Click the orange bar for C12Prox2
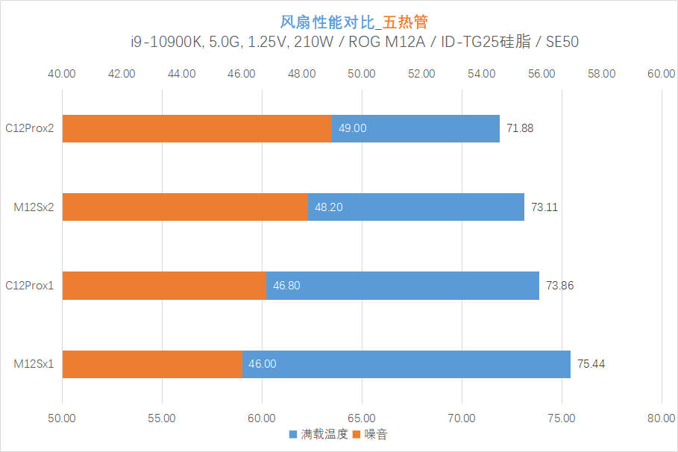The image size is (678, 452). (x=197, y=128)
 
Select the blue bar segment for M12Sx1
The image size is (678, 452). (x=407, y=364)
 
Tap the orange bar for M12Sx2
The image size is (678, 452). (x=185, y=207)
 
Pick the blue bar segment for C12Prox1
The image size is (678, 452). (x=403, y=286)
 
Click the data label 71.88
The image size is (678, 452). (x=520, y=128)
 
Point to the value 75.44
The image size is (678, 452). (x=591, y=364)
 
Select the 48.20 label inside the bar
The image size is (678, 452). (x=329, y=207)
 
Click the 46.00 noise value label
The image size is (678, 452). (x=262, y=364)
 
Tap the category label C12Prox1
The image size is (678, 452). (x=29, y=286)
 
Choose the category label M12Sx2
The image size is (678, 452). (x=34, y=207)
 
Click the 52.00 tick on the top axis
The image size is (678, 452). (x=421, y=74)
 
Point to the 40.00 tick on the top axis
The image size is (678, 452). (x=61, y=74)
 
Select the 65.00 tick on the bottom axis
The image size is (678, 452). (x=362, y=418)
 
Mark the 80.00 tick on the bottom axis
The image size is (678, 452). (x=661, y=418)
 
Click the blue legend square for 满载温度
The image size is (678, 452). (x=293, y=434)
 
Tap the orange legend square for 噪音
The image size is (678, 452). (x=357, y=434)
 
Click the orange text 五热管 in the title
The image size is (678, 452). (x=405, y=22)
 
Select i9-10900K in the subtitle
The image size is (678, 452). (x=166, y=42)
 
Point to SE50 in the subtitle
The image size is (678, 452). (x=562, y=42)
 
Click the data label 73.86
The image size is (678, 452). (x=559, y=286)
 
